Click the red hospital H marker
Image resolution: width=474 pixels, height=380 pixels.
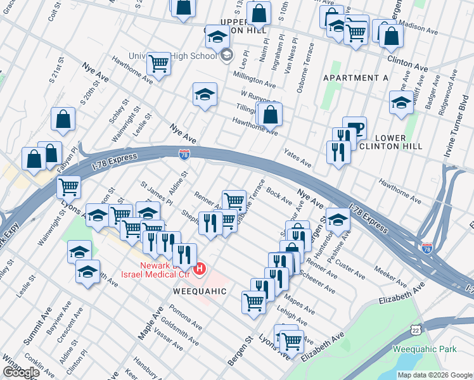tap(200, 270)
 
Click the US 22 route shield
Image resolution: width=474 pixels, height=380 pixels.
tap(415, 330)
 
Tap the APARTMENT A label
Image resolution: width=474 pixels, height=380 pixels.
tap(355, 78)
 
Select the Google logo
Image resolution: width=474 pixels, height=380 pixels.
tap(20, 372)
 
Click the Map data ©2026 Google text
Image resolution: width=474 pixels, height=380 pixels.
tap(434, 375)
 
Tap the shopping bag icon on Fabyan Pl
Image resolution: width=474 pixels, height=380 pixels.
tap(49, 154)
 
